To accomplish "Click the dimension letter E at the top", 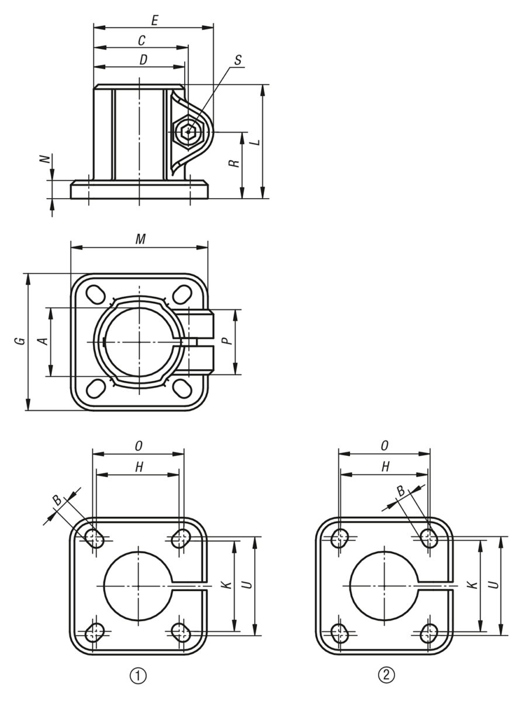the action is pos(155,21).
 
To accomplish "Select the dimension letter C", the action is pos(141,40).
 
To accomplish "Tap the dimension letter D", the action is pos(143,60).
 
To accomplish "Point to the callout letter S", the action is pos(238,60).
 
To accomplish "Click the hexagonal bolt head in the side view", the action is pos(188,131).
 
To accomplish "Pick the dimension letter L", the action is pos(256,141).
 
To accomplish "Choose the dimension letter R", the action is pos(234,163).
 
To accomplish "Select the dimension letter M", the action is pos(141,239).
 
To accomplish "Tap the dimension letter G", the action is pos(20,341).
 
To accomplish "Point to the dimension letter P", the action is pos(226,341).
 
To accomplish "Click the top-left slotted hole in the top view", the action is pos(96,294).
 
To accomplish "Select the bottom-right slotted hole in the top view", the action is pos(182,388).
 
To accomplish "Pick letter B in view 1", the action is pos(57,501).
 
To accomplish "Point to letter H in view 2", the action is pos(386,467).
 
